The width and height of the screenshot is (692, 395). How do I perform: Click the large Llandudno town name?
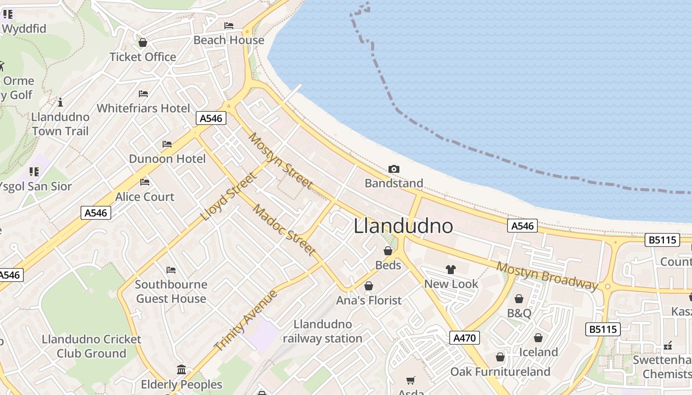pos(403,226)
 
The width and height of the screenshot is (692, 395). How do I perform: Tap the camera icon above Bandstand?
pos(393,169)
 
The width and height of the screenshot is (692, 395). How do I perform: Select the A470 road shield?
pos(465,338)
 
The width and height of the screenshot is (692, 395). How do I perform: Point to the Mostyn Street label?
pos(281,161)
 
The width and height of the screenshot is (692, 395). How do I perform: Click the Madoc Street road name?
pos(284,230)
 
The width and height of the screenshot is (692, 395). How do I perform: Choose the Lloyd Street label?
pos(229,197)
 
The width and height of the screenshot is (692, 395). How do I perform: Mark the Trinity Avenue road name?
pos(246,320)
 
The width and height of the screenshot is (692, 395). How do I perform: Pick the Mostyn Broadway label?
pos(547,276)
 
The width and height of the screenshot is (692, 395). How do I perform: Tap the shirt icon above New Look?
pos(450,270)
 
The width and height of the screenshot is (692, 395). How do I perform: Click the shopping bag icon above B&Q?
pos(519,299)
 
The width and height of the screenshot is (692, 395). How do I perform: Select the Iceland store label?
pos(538,352)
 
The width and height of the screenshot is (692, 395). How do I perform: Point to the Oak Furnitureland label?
pos(500,371)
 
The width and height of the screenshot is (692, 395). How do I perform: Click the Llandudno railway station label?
pos(322,331)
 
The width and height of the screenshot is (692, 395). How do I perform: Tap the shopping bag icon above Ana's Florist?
pos(368,286)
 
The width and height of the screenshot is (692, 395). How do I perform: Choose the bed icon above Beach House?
pos(228,26)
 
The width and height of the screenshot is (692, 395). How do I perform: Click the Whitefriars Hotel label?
pos(143,108)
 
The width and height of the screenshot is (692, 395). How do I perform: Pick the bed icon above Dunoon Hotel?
pos(167,144)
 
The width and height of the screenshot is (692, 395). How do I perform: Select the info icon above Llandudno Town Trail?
pos(60,103)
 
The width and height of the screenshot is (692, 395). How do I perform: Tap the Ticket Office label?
pos(143,57)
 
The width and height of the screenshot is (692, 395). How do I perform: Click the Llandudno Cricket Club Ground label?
pos(91,346)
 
